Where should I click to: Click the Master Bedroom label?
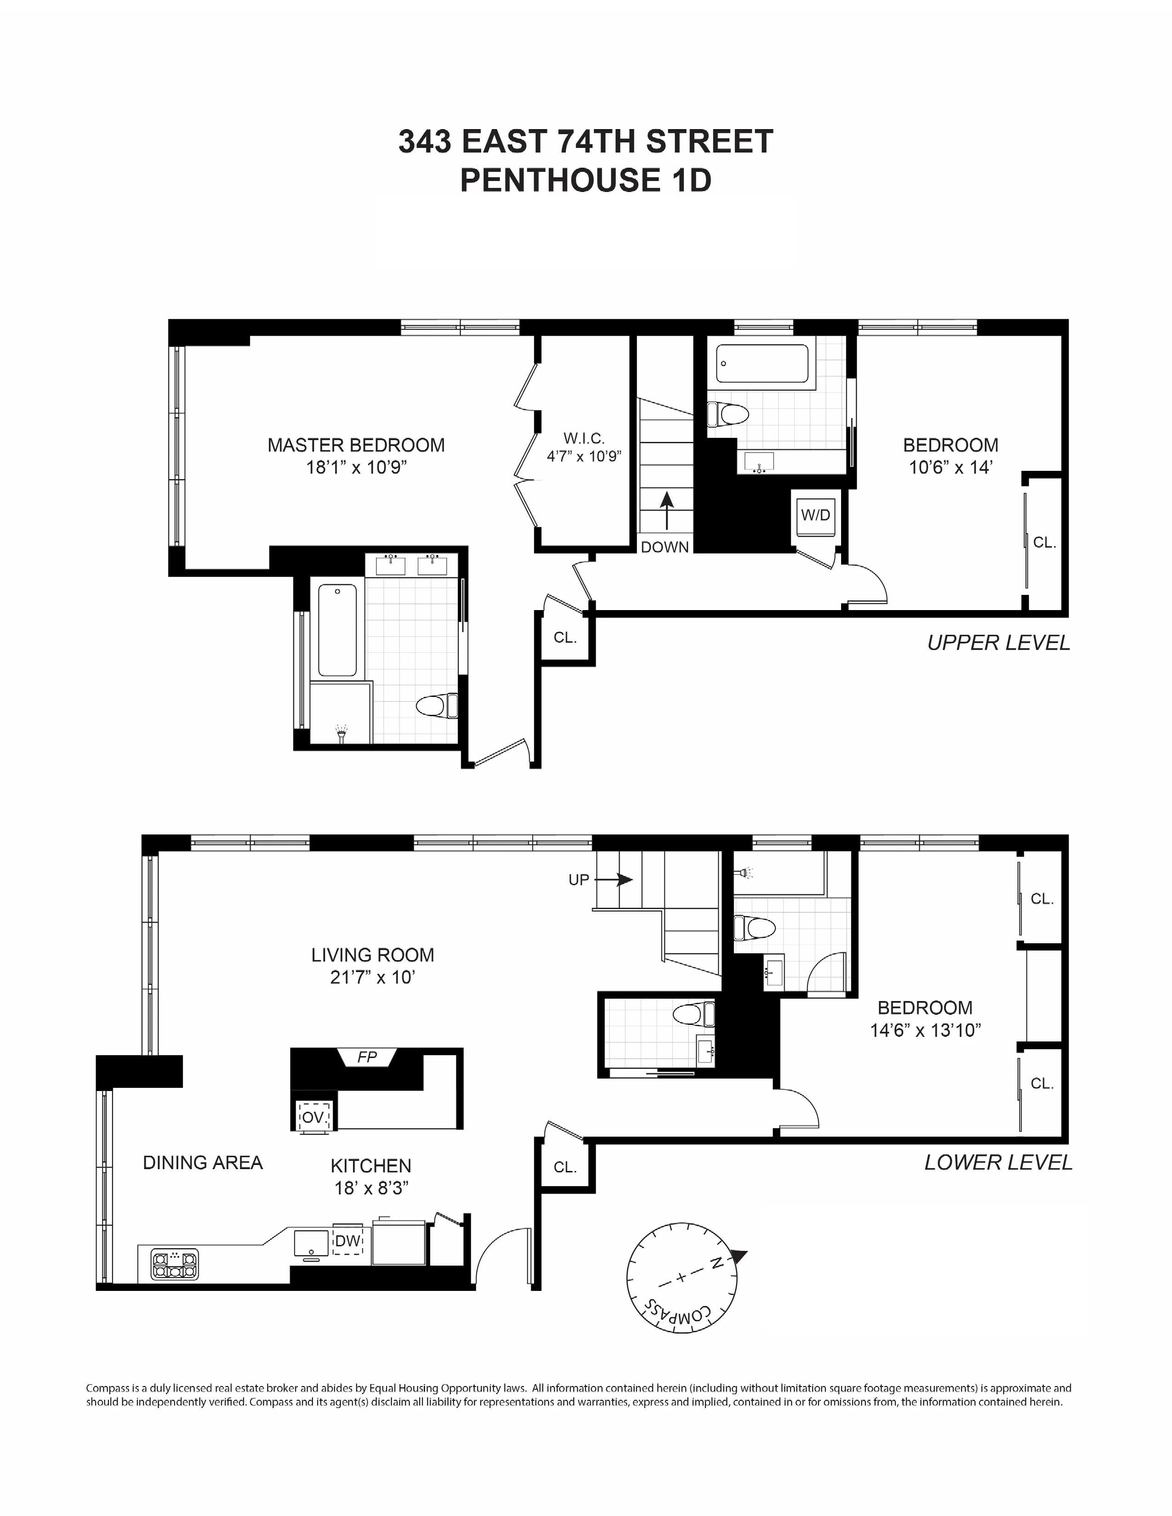(x=356, y=446)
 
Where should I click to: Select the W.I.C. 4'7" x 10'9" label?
(x=584, y=447)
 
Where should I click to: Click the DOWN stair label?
(x=665, y=547)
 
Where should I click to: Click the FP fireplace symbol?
(x=367, y=1057)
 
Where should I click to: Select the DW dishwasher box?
(x=347, y=1240)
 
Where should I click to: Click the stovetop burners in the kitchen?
(x=176, y=1265)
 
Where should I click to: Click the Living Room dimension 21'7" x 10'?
(x=372, y=977)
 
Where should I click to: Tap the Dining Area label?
(x=203, y=1163)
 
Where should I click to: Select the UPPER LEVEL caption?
(x=998, y=643)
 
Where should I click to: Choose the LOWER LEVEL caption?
(x=998, y=1163)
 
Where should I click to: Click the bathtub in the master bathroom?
(x=337, y=629)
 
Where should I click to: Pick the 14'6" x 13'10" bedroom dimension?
(x=925, y=1030)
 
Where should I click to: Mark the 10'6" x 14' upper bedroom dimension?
(x=950, y=468)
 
